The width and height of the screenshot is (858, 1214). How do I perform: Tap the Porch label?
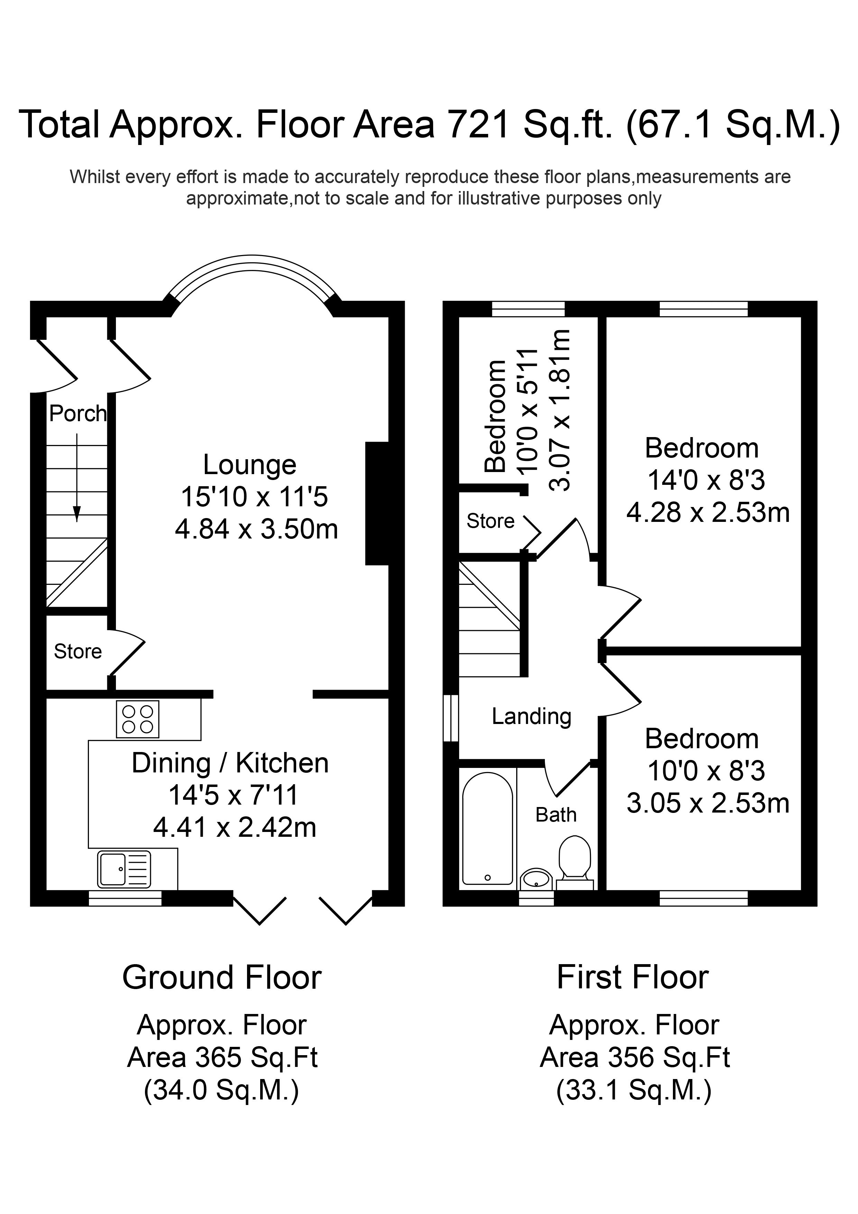[x=78, y=414]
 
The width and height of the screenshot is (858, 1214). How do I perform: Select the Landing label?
[x=531, y=716]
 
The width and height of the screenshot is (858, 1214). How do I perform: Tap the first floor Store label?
[x=490, y=521]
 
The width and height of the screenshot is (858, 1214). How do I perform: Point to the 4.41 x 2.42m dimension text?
[x=235, y=827]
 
